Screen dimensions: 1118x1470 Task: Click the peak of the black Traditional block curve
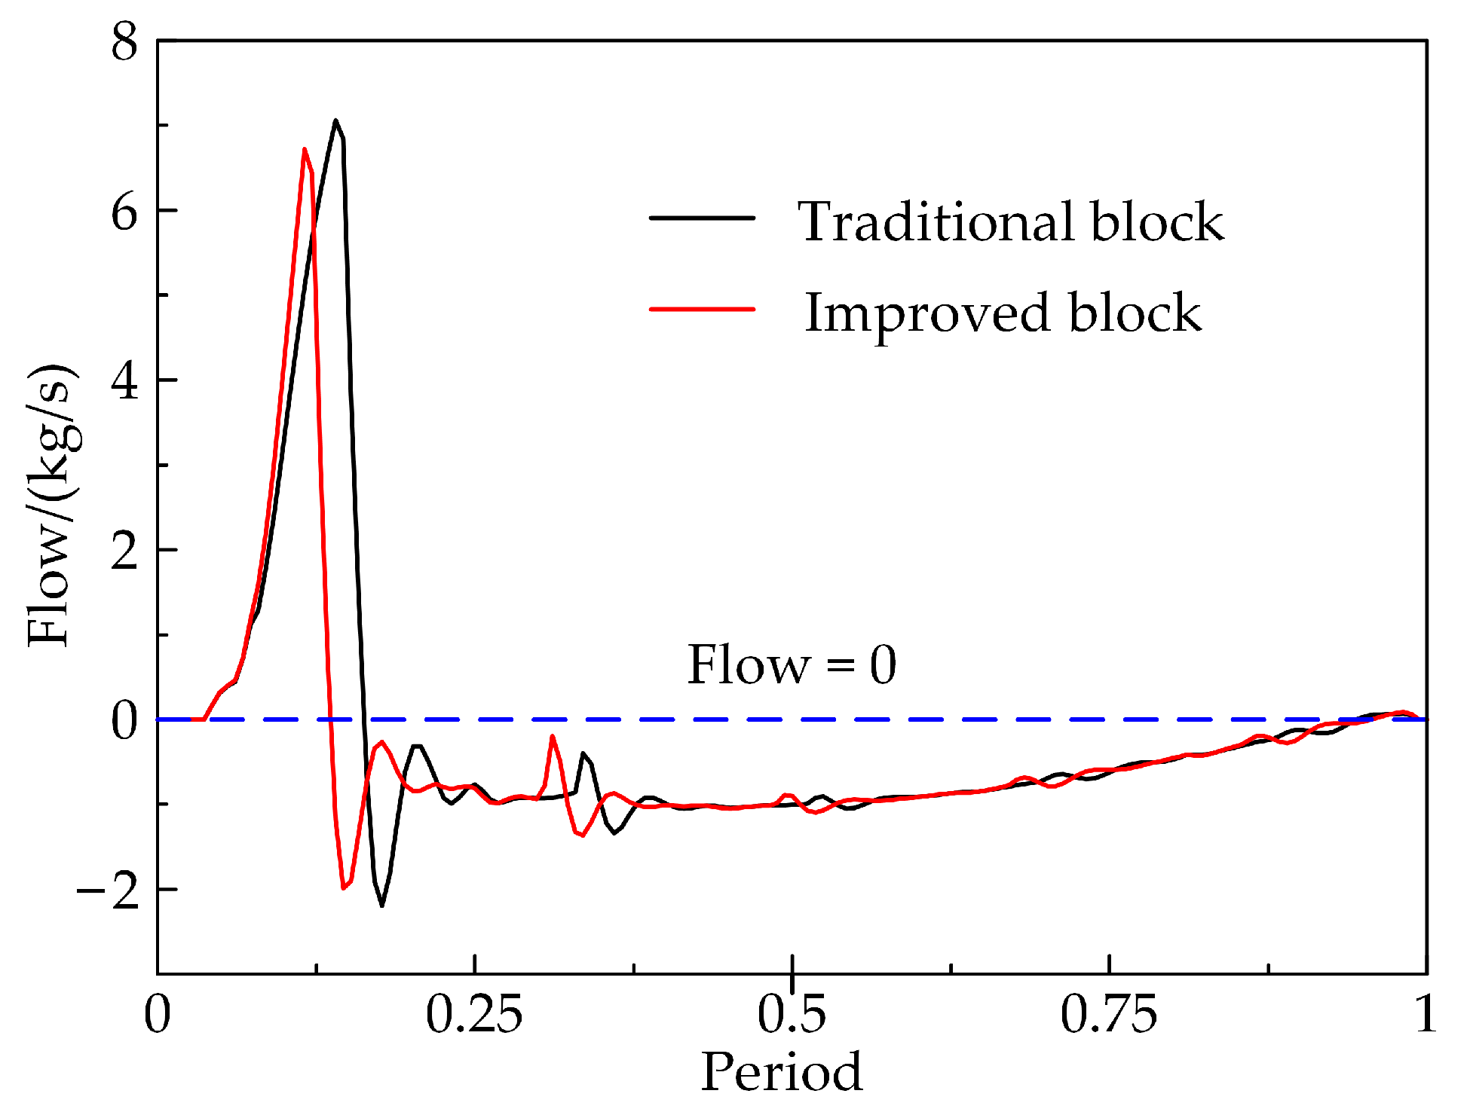tap(335, 121)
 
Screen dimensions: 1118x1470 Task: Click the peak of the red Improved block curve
tap(304, 149)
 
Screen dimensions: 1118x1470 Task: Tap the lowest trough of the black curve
tap(382, 905)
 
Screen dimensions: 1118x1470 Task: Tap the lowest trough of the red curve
tap(344, 888)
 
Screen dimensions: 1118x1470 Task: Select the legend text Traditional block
tap(1011, 222)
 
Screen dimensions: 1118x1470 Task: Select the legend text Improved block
tap(1003, 313)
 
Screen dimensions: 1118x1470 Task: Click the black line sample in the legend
tap(702, 218)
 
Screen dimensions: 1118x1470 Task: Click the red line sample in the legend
tap(702, 309)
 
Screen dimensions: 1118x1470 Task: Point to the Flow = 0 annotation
tap(792, 665)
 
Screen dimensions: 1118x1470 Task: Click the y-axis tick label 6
tap(125, 212)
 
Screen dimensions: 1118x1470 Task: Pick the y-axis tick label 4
tap(125, 382)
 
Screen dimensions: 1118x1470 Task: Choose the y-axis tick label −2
tap(108, 891)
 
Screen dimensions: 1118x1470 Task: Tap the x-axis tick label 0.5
tap(792, 1014)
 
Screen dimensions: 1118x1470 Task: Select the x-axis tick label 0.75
tap(1108, 1014)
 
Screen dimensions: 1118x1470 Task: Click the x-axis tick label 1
tap(1425, 1014)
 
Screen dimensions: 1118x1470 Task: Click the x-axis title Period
tap(782, 1072)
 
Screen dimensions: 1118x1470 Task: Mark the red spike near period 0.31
tap(553, 736)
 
